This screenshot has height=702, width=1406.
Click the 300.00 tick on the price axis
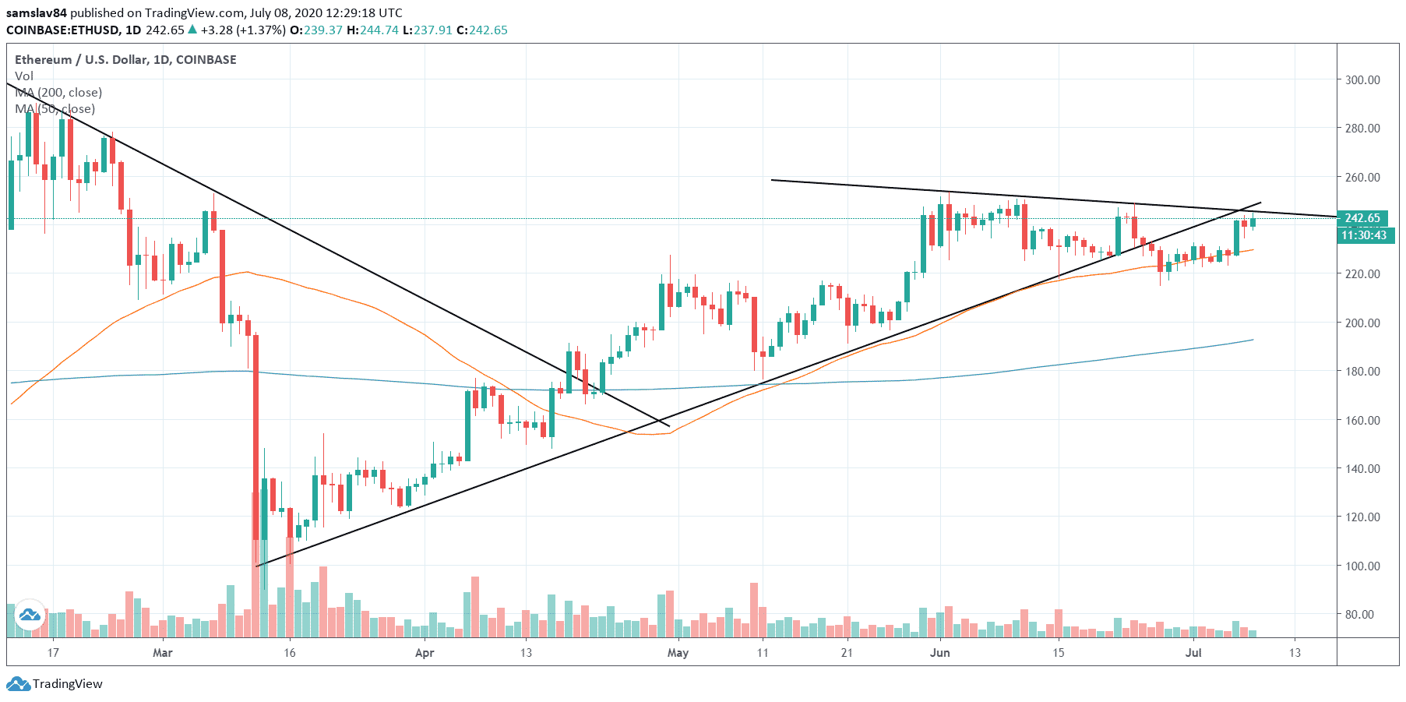(x=1362, y=79)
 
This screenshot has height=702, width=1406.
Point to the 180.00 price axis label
(x=1362, y=371)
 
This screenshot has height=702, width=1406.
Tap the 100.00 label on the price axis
(x=1362, y=566)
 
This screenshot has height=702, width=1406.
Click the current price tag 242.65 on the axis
(x=1362, y=218)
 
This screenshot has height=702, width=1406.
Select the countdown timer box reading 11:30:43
(x=1364, y=235)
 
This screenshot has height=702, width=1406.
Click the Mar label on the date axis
(x=163, y=652)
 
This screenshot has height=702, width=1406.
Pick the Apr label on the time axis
(x=425, y=652)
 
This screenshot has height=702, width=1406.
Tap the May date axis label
(x=678, y=652)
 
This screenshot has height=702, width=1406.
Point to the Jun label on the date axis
(x=940, y=652)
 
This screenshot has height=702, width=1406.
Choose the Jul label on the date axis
(x=1193, y=652)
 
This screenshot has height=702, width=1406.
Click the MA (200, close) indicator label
(x=58, y=92)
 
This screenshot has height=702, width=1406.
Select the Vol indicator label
(x=24, y=76)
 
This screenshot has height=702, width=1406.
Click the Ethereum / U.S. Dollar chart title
(x=125, y=59)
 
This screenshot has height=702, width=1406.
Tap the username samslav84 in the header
(x=37, y=12)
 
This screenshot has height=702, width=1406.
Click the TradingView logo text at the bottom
(x=67, y=684)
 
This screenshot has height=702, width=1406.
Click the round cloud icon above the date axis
(x=30, y=616)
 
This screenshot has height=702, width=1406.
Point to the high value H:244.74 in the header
(x=372, y=30)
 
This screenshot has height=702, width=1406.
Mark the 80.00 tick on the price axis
(x=1359, y=614)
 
